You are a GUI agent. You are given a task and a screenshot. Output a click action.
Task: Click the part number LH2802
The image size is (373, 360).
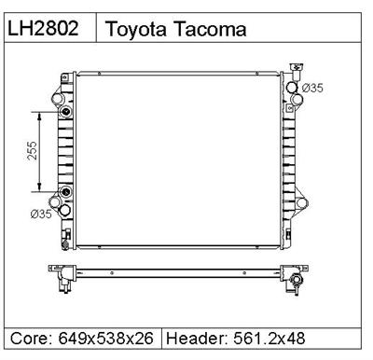50,29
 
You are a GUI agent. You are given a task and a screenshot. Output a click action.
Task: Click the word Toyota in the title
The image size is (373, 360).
137,29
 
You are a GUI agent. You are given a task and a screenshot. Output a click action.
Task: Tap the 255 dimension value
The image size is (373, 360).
31,153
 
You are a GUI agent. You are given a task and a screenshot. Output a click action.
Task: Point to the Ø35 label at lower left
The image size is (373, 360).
41,214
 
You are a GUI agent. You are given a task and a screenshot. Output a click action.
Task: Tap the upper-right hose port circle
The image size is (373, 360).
293,89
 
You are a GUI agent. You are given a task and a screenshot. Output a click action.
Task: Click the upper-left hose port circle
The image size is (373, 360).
62,97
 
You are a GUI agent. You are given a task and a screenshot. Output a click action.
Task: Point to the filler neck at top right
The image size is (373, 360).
297,68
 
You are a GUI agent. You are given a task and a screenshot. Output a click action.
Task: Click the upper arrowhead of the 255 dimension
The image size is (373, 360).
39,113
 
